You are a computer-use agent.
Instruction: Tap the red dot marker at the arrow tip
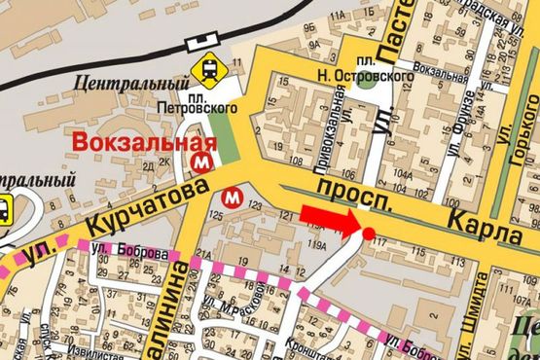(x=369, y=232)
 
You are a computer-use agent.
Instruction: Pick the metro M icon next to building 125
(x=232, y=197)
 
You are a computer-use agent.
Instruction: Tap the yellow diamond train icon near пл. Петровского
(x=207, y=69)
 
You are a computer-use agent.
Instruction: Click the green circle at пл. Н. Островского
(x=366, y=80)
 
